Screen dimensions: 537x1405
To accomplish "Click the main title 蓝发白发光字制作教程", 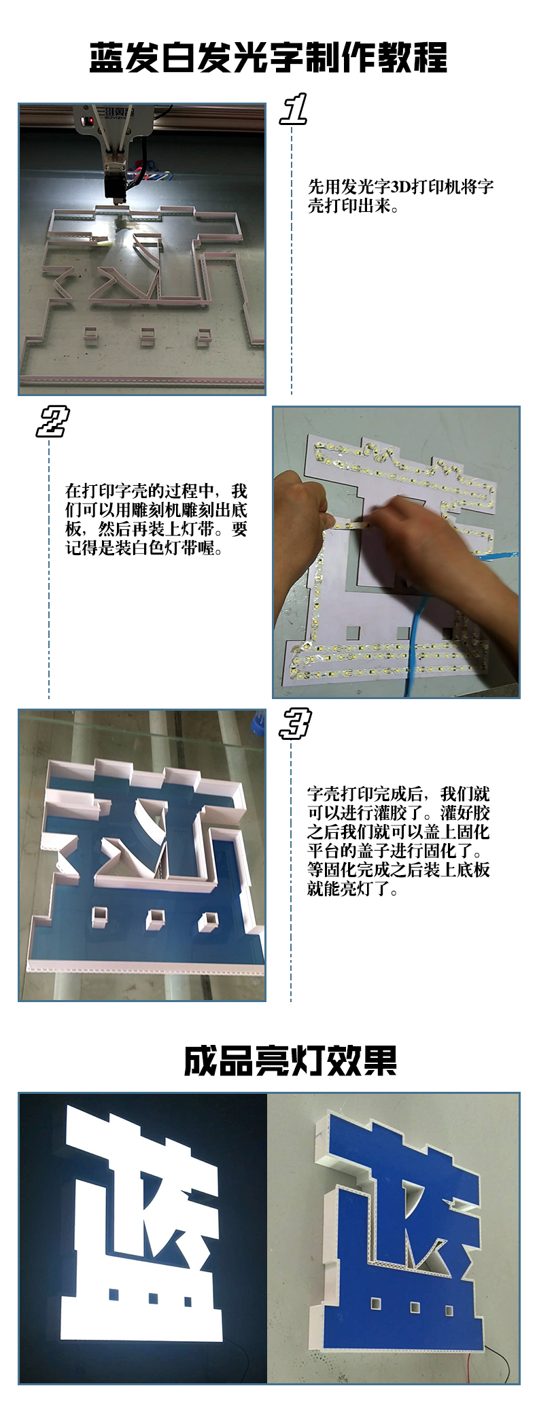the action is (x=268, y=57).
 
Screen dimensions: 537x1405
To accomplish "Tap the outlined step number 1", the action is (x=294, y=109).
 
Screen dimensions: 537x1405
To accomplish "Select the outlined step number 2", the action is (x=52, y=422).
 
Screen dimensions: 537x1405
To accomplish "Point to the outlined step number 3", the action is (x=294, y=723).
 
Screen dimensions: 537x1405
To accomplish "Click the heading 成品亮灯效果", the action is (x=290, y=1061).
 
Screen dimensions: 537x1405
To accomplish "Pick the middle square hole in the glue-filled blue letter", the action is (x=155, y=918).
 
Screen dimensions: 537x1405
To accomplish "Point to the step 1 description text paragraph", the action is (x=400, y=196).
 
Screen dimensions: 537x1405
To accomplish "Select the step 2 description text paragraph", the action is (x=156, y=520).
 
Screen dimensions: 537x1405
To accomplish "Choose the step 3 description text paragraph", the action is (x=398, y=841).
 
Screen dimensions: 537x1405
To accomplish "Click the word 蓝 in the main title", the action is (x=107, y=57).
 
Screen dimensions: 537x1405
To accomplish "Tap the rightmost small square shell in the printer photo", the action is (x=203, y=336).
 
